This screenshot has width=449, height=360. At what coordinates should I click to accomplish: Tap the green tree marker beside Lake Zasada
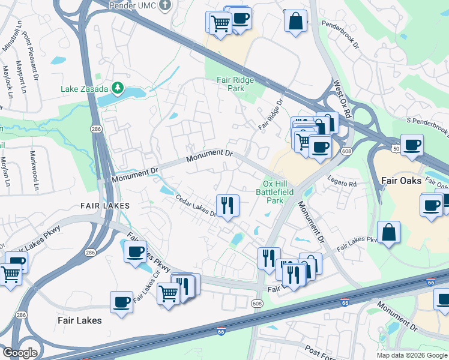coord(118,89)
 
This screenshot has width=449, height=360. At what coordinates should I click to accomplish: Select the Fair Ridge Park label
coord(235,84)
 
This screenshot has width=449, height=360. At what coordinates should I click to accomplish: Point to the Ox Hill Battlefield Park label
coord(277,192)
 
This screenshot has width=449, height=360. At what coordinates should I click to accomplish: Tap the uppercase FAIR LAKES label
coord(105,206)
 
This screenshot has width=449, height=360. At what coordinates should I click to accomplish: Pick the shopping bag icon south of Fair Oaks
coord(388,232)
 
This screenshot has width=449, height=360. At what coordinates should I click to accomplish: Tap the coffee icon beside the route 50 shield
coord(412,145)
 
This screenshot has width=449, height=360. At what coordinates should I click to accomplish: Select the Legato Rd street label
coord(342,184)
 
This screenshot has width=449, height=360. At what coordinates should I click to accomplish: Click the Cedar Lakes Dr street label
coord(196,206)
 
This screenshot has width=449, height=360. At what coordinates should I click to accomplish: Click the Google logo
coord(20,353)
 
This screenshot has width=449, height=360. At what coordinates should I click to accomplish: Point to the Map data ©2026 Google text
coord(411,355)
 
